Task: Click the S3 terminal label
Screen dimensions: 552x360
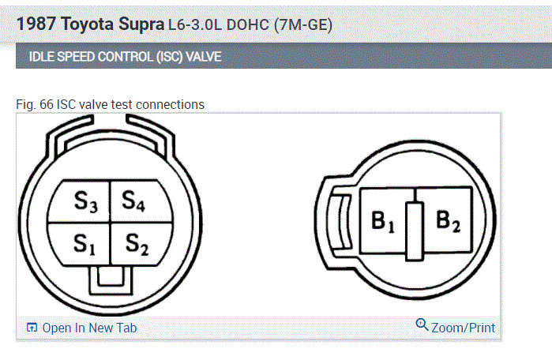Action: pos(85,202)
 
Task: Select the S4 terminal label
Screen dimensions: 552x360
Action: pos(133,201)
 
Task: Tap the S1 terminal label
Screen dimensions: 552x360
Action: pos(84,244)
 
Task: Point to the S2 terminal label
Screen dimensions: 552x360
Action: pos(137,244)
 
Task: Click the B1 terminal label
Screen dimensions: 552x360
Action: pos(383,222)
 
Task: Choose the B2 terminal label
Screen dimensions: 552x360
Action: pos(448,221)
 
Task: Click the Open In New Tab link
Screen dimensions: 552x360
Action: pos(89,328)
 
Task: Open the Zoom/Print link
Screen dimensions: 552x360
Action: pos(464,328)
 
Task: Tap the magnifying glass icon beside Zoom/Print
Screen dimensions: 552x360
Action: pos(422,324)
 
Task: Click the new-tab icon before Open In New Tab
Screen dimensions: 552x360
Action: pos(32,328)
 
